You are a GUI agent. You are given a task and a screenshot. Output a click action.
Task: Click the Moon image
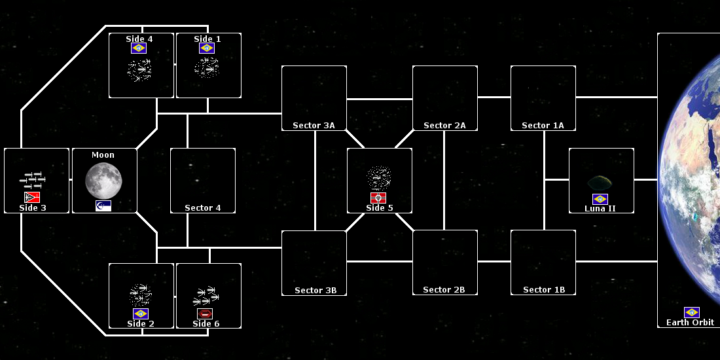point(103,181)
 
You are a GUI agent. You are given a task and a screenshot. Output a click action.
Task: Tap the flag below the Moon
point(103,206)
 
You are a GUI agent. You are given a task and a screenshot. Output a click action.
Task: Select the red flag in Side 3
point(32,197)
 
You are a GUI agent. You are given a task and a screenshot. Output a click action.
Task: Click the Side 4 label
point(139,39)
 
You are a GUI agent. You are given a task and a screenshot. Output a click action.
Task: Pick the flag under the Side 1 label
point(207,48)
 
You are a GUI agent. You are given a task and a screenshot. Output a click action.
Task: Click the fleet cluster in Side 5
point(379,177)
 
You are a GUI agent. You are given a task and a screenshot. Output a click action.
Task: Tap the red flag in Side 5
point(378,198)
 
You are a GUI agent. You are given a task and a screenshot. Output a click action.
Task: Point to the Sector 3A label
point(314,125)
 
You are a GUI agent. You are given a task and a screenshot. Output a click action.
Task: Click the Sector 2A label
point(444,125)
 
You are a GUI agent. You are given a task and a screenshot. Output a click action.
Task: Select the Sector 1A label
point(543,125)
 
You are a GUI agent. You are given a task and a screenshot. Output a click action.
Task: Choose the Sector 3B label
point(315,290)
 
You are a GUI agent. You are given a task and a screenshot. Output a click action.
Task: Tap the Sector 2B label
point(444,289)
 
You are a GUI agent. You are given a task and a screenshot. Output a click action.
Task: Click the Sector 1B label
point(544,289)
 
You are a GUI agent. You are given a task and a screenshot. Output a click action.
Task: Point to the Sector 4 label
point(203,207)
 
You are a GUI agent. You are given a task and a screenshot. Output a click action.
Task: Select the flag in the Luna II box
point(600,199)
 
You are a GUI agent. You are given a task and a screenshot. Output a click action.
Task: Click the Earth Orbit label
point(690,322)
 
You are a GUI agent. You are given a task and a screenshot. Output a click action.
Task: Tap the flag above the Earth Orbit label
point(692,312)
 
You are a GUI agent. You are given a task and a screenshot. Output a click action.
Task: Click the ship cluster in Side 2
point(141,295)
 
